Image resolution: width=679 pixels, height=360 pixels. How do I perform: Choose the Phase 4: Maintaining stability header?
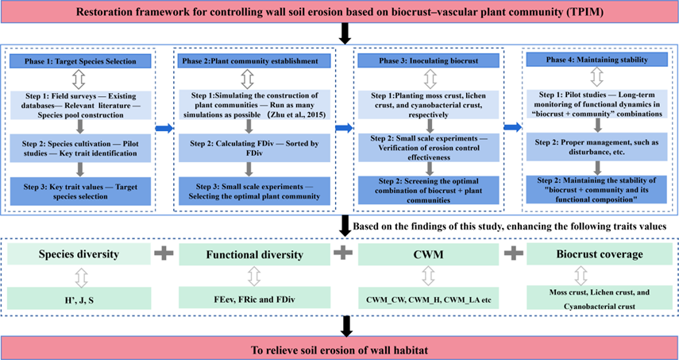597,61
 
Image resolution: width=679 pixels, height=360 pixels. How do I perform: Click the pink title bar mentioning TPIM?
339,13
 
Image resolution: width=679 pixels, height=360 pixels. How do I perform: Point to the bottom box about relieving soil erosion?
339,347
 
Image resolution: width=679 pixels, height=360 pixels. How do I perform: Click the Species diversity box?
81,254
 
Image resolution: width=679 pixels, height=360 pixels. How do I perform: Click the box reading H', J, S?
81,299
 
